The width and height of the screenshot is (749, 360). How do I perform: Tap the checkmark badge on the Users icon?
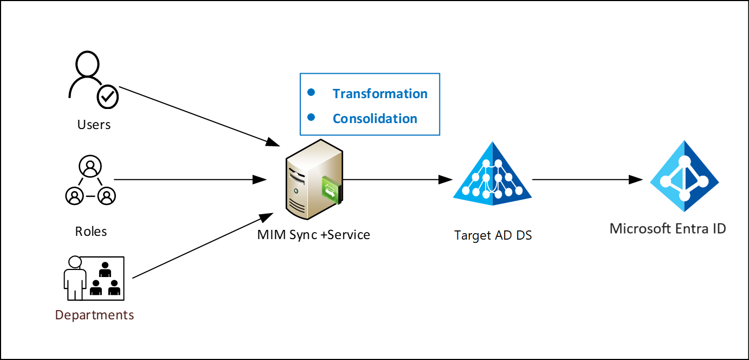click(108, 97)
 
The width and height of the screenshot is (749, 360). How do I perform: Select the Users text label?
click(94, 125)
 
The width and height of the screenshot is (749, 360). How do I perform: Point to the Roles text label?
click(91, 232)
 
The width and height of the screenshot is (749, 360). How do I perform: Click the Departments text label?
click(94, 315)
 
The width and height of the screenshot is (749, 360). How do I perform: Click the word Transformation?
click(380, 94)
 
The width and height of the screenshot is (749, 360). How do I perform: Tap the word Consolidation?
click(374, 119)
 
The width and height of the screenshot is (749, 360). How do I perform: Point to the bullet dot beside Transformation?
click(311, 93)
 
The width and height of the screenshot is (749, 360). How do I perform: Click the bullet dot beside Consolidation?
click(311, 117)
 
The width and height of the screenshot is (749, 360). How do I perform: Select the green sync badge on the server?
click(330, 190)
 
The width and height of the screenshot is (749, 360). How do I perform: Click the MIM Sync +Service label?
click(314, 235)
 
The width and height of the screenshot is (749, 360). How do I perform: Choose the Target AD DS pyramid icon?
click(493, 174)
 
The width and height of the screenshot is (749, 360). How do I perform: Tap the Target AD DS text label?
click(493, 236)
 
